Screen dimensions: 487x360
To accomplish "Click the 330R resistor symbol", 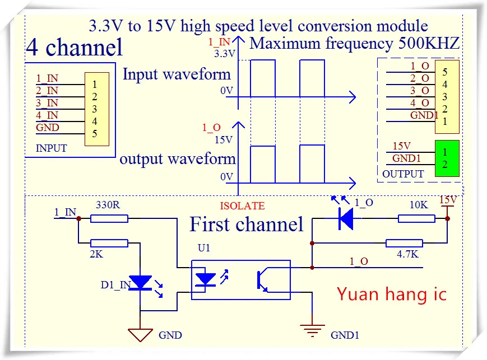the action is coord(109,219).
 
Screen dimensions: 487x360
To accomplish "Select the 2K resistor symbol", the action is coord(109,243).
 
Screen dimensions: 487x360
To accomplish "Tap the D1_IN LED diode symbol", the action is coord(141,282).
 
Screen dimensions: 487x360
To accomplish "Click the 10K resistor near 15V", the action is coord(416,219).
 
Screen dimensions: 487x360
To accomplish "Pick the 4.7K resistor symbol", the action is coord(404,243).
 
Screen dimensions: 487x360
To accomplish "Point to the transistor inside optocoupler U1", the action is coord(262,281).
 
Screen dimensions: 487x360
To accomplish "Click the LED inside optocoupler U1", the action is coord(205,280).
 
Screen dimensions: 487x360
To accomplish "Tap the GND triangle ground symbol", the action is coord(140,335).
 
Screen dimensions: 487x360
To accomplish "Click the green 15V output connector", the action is coord(447,158).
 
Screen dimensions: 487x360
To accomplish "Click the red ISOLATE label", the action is coord(242,206).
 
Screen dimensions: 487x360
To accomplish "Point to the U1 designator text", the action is coord(204,247).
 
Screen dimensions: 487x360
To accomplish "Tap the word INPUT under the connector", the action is coord(51,148).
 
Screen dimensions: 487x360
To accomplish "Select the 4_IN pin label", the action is coord(47,115).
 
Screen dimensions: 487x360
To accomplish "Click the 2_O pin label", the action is coord(419,78).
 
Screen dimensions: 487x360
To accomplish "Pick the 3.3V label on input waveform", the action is coord(225,54).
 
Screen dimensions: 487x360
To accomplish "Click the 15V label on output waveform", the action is coord(224,139).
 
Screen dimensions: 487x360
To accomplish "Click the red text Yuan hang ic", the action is coord(392,294).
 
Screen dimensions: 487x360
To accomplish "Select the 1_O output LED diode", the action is coord(346,218).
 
